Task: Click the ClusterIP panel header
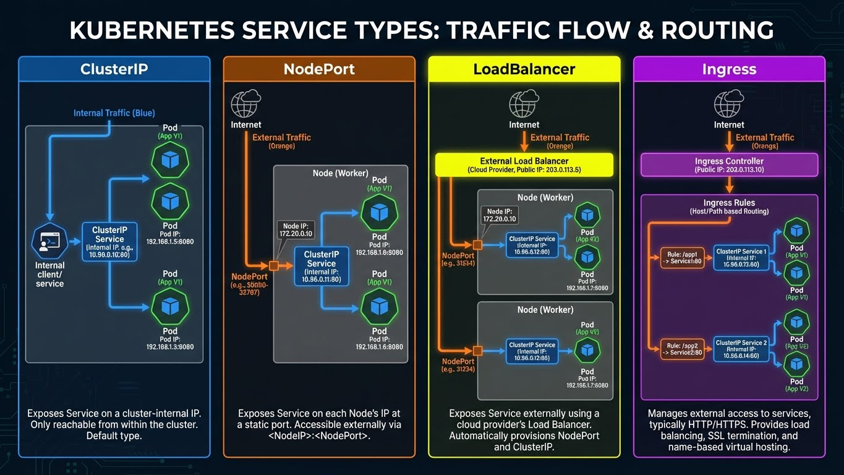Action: (x=114, y=69)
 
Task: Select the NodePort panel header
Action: (x=319, y=69)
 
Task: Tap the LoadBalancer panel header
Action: (x=524, y=69)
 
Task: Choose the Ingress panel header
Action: (x=729, y=69)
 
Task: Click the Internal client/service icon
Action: (x=49, y=242)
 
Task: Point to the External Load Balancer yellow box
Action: (x=524, y=165)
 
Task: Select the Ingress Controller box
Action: (x=729, y=165)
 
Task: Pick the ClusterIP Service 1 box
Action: (x=741, y=257)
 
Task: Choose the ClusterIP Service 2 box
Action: (x=741, y=348)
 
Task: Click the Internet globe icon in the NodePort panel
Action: (x=246, y=104)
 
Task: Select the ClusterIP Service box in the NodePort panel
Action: (x=322, y=267)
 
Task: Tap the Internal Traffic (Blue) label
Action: (x=114, y=113)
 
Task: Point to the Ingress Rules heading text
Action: (x=729, y=203)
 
